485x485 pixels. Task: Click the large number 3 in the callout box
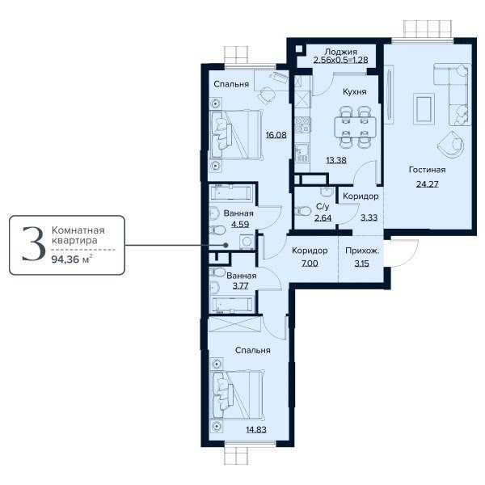[x=32, y=244]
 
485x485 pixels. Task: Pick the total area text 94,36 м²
[x=70, y=260]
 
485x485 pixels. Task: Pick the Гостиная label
[x=428, y=171]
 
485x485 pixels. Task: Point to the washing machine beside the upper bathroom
[x=246, y=242]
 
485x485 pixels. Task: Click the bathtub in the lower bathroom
[x=232, y=303]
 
